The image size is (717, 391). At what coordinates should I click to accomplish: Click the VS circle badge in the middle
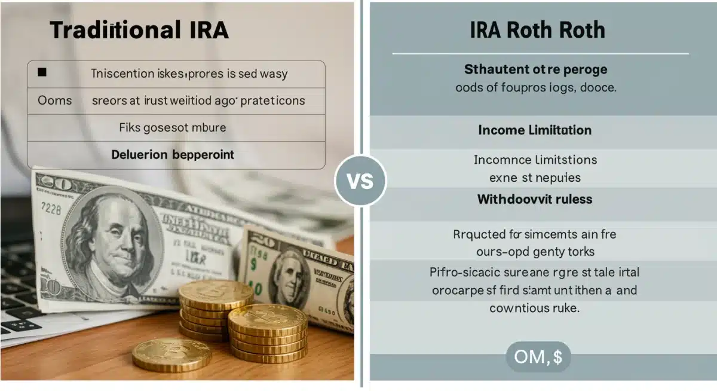(x=360, y=181)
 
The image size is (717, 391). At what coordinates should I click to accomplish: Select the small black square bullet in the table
(x=42, y=73)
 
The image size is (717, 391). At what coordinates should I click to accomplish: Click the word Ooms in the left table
(x=55, y=100)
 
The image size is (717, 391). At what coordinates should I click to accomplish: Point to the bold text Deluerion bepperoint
(x=173, y=155)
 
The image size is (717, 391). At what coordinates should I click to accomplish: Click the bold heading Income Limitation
(x=535, y=130)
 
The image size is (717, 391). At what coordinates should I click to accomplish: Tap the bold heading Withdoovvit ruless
(x=535, y=199)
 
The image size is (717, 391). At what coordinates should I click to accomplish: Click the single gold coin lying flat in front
(x=171, y=355)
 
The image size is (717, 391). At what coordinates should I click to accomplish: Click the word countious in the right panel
(x=519, y=308)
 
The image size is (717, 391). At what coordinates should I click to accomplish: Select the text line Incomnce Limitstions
(x=535, y=160)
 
